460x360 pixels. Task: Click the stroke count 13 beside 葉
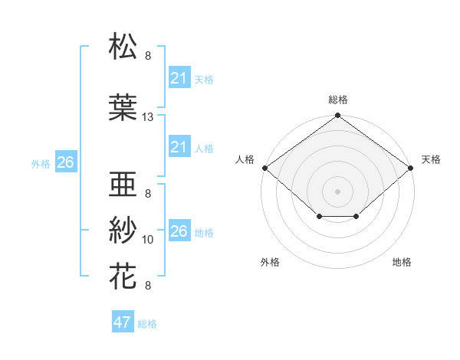click(148, 117)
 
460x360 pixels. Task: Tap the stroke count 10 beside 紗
click(148, 240)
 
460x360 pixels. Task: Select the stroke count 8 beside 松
click(148, 56)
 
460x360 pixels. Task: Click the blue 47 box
click(123, 322)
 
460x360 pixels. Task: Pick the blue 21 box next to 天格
click(179, 77)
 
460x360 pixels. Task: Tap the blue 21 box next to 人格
click(179, 147)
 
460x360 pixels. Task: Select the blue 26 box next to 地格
click(179, 231)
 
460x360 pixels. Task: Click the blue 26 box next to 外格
click(65, 162)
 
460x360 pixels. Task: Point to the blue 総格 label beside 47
click(147, 324)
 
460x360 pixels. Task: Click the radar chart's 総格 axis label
click(338, 100)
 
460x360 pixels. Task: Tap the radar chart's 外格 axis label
click(270, 262)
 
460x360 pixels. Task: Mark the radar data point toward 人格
click(264, 168)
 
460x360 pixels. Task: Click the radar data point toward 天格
click(411, 168)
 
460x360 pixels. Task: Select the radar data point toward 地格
click(356, 218)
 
